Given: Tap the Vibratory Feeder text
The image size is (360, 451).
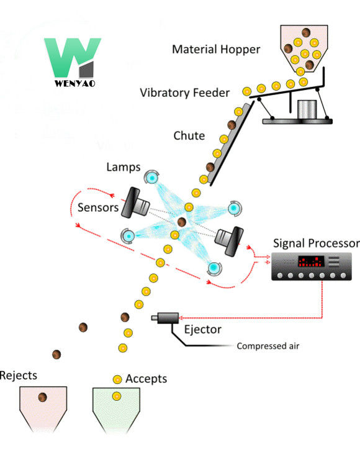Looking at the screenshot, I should point(185,93).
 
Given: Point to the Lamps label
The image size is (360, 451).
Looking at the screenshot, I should point(124,167).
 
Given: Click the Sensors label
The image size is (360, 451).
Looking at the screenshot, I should point(97,207).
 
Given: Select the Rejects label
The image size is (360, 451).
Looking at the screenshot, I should point(19,375).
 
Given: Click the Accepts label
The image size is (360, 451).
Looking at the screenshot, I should point(146,378).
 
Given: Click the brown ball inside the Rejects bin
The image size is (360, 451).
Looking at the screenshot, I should point(43,398).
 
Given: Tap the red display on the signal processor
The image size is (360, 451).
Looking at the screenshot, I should point(310,261).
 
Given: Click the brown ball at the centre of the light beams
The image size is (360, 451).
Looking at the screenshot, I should point(182,221).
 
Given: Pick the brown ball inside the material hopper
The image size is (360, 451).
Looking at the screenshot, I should point(305,34).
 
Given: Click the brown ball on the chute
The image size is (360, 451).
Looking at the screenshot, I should point(232,125).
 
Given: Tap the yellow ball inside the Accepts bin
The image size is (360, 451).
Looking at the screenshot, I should point(115,396).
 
